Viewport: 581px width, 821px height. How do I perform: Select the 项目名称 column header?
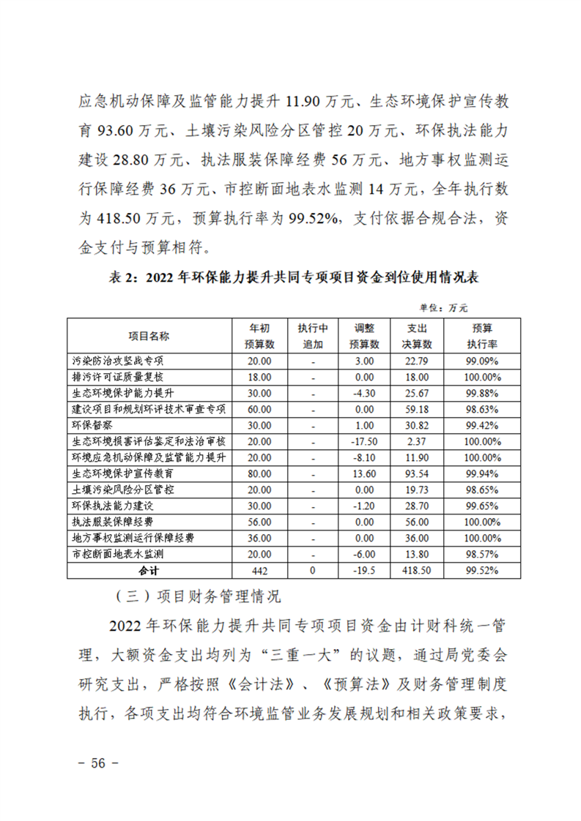tap(149, 336)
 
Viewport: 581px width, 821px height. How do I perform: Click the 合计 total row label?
tap(149, 569)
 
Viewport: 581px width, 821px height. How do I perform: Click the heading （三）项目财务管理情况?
tap(199, 596)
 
